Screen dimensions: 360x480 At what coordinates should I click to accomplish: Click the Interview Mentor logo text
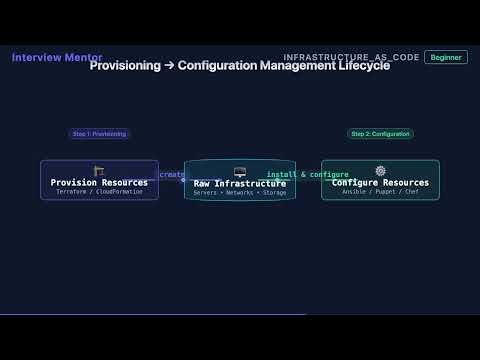(x=56, y=57)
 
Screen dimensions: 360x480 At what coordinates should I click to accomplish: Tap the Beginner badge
(x=445, y=57)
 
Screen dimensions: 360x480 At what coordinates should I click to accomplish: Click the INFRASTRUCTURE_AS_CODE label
(x=351, y=58)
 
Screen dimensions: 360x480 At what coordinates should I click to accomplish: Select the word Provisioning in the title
(x=125, y=66)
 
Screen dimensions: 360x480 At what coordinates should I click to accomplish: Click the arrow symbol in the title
(x=169, y=66)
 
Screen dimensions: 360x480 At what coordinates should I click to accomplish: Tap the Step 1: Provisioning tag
(x=99, y=134)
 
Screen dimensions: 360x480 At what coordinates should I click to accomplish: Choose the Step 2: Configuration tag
(x=380, y=134)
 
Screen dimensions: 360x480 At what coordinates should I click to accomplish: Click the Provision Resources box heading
(x=99, y=183)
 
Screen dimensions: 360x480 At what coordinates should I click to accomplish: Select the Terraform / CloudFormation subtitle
(x=99, y=192)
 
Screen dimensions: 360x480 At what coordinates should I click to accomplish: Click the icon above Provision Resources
(x=99, y=171)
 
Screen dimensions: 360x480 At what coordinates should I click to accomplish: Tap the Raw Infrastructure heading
(x=240, y=184)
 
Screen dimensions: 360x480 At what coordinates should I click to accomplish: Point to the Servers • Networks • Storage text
(x=240, y=193)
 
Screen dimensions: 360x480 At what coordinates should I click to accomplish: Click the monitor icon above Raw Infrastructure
(x=240, y=171)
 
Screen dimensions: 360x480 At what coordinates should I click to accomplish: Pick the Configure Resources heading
(x=380, y=183)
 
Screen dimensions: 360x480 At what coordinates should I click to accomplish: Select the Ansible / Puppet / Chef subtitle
(x=380, y=192)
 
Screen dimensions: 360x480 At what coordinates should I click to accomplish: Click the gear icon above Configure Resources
(x=380, y=171)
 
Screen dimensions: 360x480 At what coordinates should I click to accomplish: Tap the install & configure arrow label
(x=308, y=175)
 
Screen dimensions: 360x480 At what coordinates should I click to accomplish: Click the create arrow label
(x=171, y=175)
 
